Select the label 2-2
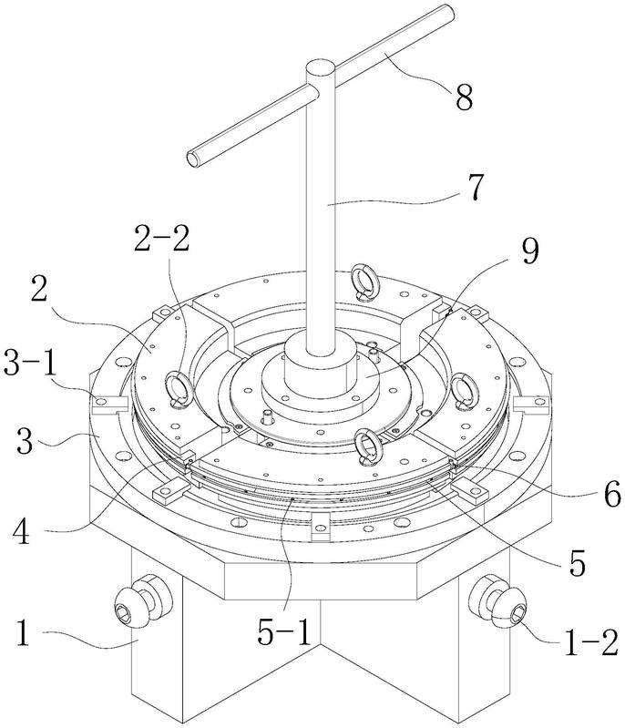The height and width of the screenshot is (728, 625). (x=161, y=239)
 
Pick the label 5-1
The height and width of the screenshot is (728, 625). (x=283, y=631)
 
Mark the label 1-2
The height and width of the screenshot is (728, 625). (x=591, y=643)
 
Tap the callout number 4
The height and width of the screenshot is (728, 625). (x=20, y=530)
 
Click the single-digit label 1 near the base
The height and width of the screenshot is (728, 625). (x=23, y=634)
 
